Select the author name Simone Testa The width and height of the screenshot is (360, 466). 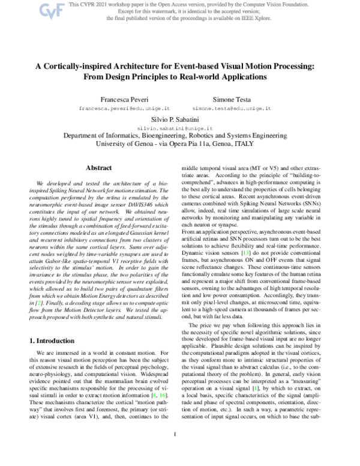pyautogui.click(x=233, y=97)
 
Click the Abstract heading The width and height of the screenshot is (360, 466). pyautogui.click(x=99, y=168)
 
